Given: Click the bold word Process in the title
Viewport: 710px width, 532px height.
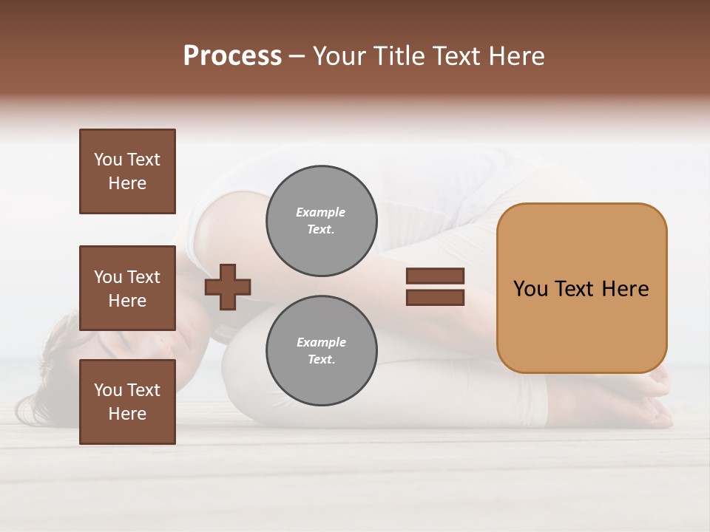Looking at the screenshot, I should tap(232, 56).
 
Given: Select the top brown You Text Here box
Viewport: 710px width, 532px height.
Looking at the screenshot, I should tap(127, 171).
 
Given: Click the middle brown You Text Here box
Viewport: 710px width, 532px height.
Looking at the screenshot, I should tap(127, 288).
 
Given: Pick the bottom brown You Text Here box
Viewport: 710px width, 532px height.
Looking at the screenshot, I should tap(127, 402).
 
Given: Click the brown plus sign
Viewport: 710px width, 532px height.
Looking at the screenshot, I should tap(228, 286).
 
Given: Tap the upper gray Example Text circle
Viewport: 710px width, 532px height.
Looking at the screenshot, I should tap(321, 221).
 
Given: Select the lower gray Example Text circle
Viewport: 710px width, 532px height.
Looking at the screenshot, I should tap(321, 351).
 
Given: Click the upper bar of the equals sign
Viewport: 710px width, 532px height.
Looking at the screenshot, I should tap(435, 276).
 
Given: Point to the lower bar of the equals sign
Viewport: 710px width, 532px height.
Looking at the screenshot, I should tap(435, 298).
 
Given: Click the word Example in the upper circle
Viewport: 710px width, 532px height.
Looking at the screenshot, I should tap(321, 212).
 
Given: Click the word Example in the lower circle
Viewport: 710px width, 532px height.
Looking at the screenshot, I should tap(321, 342).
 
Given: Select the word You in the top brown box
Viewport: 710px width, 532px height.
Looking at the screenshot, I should tap(108, 160).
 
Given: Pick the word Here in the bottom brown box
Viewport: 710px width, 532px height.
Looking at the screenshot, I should tap(127, 414).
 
